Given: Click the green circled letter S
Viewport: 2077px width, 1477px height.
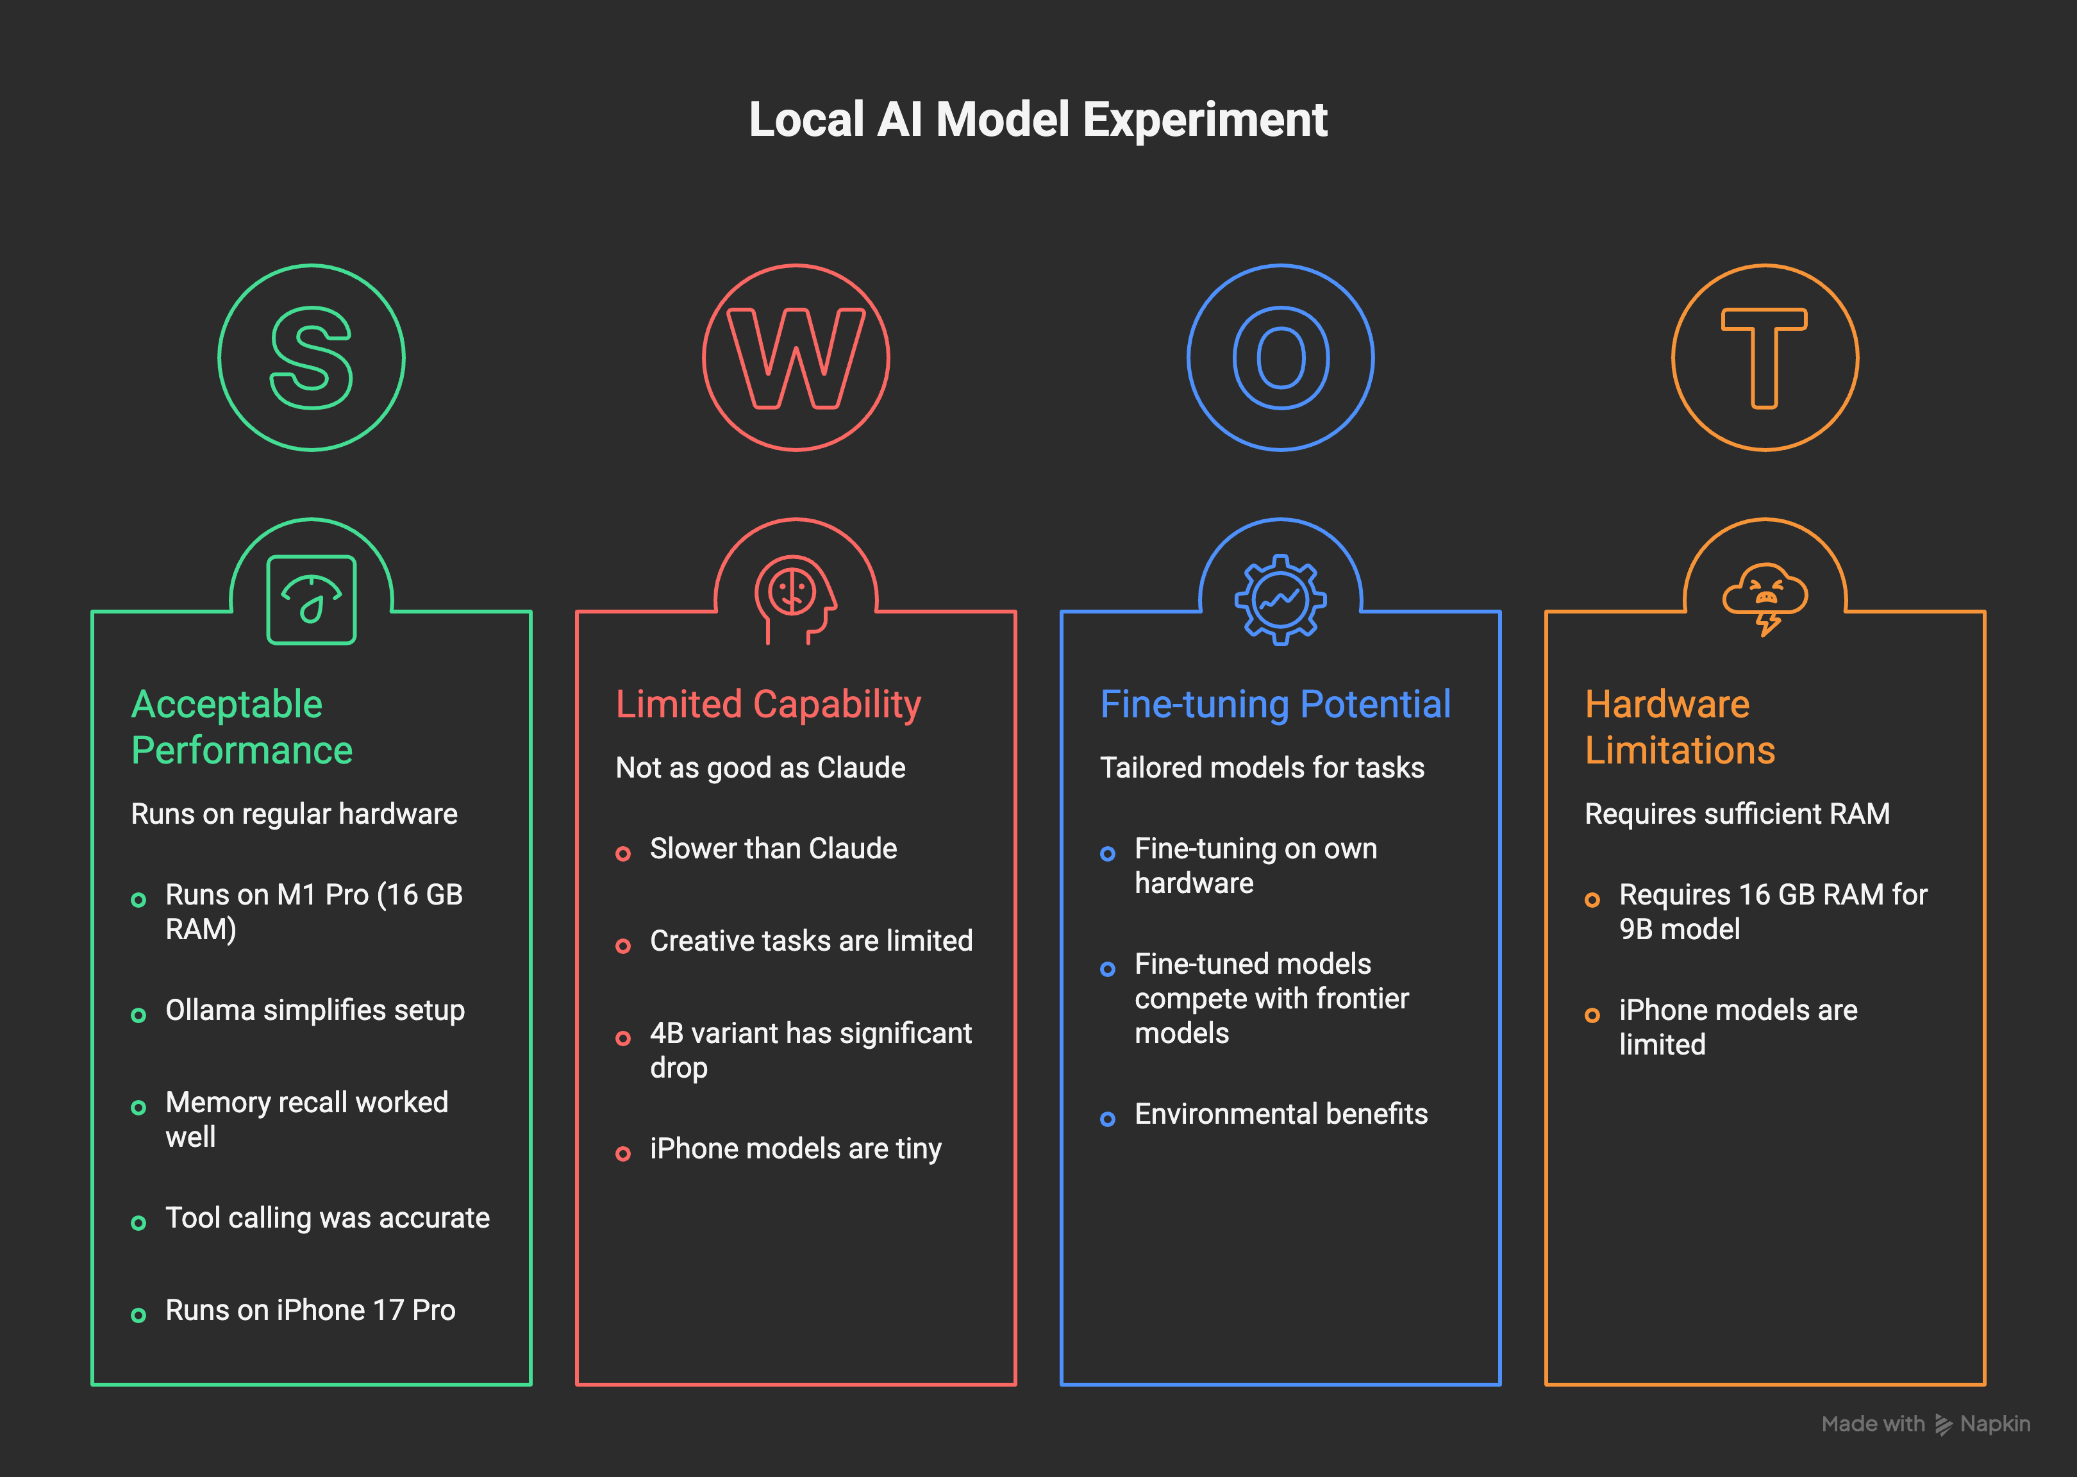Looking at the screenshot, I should coord(311,358).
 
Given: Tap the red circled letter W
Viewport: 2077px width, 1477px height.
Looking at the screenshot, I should coord(796,358).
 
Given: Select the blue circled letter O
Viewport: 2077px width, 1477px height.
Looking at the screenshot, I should coord(1280,358).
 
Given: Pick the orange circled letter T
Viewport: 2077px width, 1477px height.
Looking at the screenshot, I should coord(1764,358).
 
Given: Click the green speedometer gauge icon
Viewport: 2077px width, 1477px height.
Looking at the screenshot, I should coord(311,599).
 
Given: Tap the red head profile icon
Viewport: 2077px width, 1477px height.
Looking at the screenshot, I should coord(794,599).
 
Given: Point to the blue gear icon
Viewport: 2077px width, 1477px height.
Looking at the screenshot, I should coord(1280,599).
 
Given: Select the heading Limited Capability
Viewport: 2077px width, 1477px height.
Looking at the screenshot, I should coord(769,704).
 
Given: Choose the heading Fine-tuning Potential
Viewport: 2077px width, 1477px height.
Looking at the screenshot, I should coord(1275,704).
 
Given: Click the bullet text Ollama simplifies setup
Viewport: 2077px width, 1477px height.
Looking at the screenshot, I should coord(315,1010).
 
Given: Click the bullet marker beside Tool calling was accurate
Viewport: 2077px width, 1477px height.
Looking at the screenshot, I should coord(138,1223).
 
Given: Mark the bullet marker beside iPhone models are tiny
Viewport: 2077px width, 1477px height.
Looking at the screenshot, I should coord(623,1154).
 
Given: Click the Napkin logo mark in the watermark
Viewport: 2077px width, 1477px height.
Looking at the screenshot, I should coord(1942,1424).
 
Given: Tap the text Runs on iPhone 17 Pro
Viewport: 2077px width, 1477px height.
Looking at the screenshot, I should coord(310,1310).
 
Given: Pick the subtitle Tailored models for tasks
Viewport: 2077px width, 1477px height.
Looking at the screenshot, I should coord(1262,767).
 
